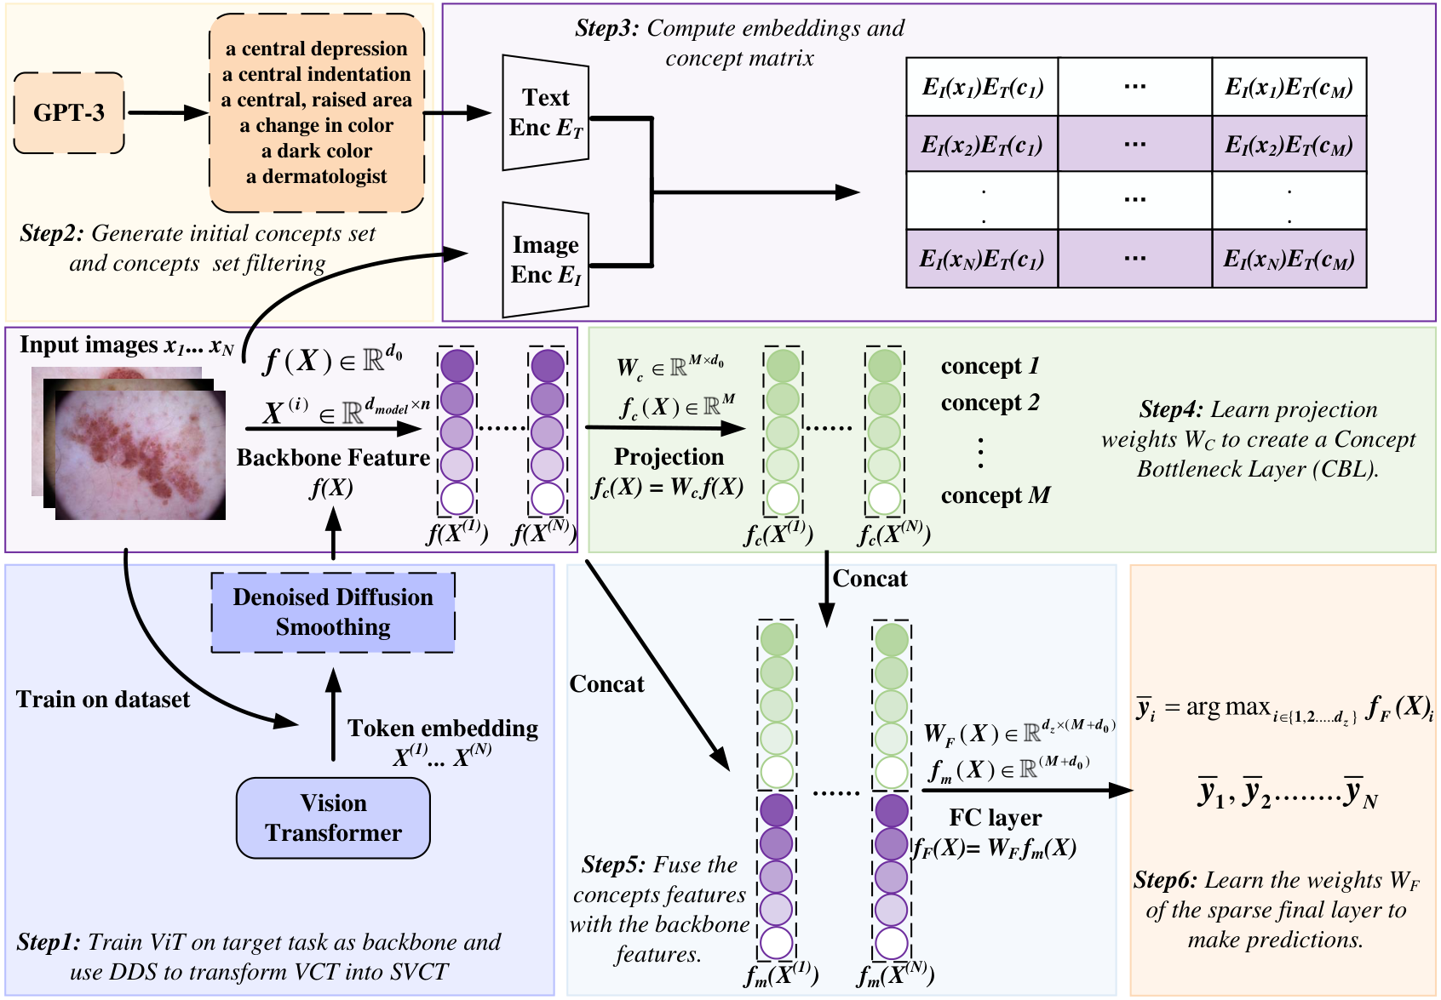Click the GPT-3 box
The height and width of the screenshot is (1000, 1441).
[69, 112]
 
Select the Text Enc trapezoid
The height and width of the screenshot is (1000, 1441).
[545, 113]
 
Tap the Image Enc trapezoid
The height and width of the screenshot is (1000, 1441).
[545, 260]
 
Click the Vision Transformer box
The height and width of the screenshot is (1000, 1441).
[333, 818]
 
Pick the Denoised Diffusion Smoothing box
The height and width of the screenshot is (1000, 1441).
[333, 612]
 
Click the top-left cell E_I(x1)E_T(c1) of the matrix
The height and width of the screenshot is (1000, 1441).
[982, 87]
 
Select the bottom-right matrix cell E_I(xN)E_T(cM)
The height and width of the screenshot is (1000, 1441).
[1289, 259]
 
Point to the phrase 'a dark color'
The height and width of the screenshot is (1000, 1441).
[316, 151]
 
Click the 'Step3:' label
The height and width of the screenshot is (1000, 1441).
[606, 28]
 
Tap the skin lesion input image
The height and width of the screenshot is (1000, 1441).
[141, 455]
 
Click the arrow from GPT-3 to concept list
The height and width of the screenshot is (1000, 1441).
[167, 112]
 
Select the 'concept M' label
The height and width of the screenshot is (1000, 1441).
[995, 495]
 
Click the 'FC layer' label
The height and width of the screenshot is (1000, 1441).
[995, 818]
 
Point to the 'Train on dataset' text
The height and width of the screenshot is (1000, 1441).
[103, 700]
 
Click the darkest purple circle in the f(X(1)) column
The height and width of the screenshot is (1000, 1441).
[457, 366]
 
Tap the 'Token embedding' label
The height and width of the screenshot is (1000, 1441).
[443, 729]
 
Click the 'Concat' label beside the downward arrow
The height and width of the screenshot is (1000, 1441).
[870, 579]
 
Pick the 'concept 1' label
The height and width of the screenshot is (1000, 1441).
[990, 366]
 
